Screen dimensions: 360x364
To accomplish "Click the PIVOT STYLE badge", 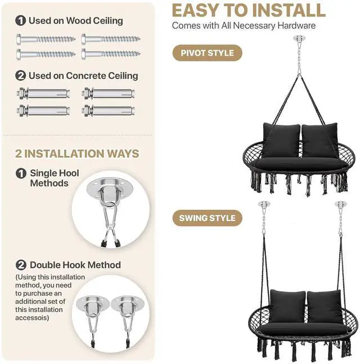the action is [x=207, y=53].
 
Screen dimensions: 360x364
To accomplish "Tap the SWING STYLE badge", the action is [x=207, y=218].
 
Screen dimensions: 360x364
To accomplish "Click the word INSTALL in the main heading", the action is [x=289, y=11].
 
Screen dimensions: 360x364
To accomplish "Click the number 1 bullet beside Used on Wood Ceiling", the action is [x=20, y=21].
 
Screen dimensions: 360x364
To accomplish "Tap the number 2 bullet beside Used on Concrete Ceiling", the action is [x=20, y=76].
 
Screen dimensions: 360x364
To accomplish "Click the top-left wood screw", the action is [x=46, y=39].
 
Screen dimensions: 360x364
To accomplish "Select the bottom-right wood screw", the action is [x=111, y=54].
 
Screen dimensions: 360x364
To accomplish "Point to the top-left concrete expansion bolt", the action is [x=43, y=93].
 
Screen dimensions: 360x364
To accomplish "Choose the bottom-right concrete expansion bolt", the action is [x=109, y=111].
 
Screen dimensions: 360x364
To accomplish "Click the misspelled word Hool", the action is [x=69, y=173].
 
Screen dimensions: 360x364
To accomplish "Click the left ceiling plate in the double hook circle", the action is [x=93, y=303].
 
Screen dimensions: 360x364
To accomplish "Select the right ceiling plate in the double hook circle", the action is [x=128, y=303].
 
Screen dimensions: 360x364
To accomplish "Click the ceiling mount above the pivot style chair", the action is [x=299, y=38].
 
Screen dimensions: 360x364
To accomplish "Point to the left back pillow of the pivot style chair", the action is [x=281, y=141].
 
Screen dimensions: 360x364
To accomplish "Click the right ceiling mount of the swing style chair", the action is [x=340, y=204].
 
